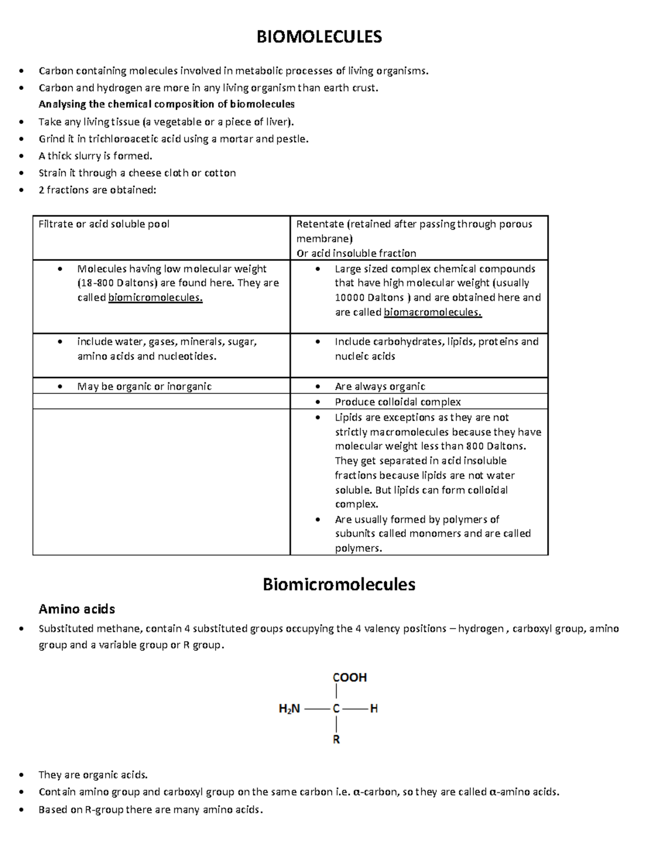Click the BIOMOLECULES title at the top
(x=320, y=37)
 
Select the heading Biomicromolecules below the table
(x=339, y=584)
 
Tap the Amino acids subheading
(x=77, y=609)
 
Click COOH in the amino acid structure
(x=350, y=677)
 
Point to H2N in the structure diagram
(x=290, y=709)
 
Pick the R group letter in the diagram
(x=337, y=740)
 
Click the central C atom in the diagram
(x=337, y=709)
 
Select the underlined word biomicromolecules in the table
(x=155, y=298)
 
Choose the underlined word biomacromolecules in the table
(x=433, y=312)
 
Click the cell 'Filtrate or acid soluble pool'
(x=104, y=224)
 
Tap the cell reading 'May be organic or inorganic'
(x=144, y=386)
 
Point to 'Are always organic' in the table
(x=380, y=386)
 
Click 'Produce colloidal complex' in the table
(x=398, y=402)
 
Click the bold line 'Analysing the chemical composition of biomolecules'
(x=167, y=104)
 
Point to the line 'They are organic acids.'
(x=93, y=774)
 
